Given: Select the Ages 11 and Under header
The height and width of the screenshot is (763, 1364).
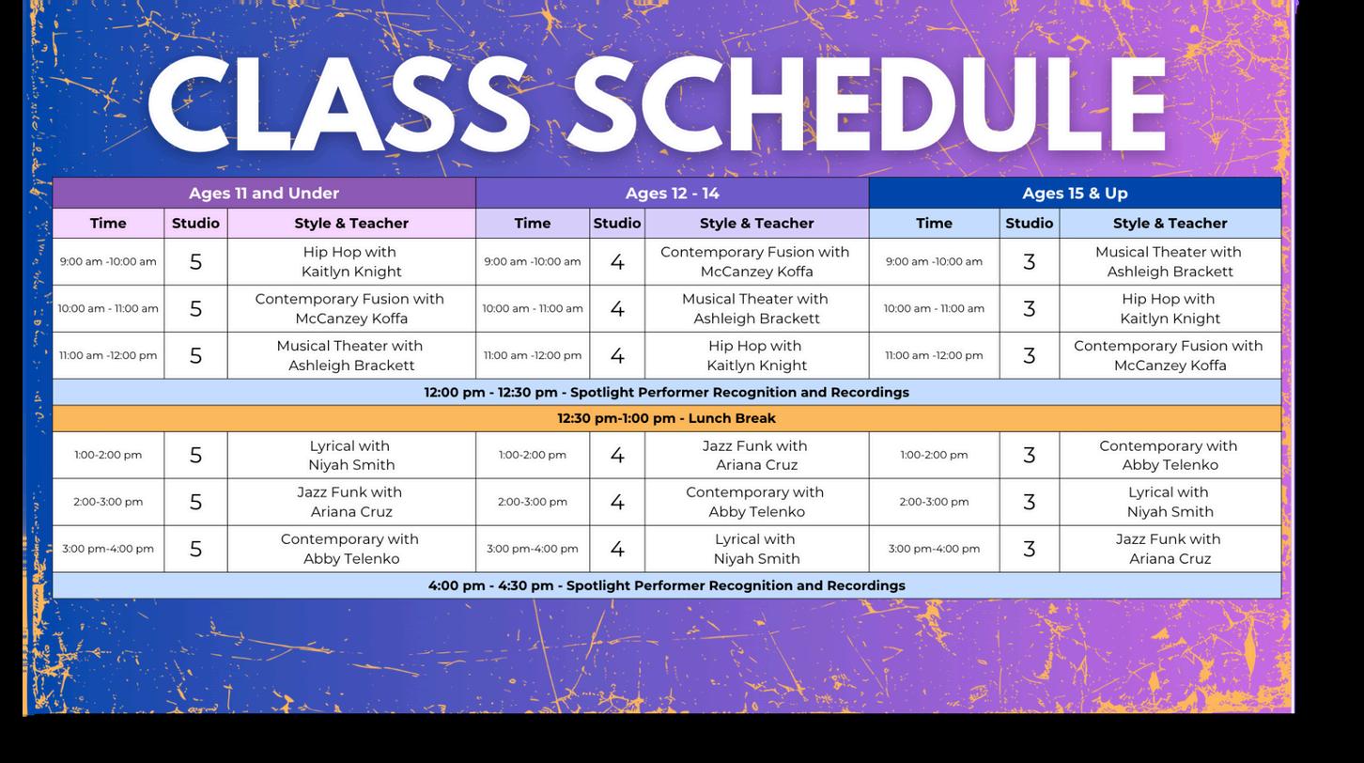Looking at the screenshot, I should click(264, 193).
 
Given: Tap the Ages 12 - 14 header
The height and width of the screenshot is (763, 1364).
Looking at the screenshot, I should click(672, 193).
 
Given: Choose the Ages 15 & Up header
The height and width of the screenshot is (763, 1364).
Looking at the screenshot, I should click(1075, 193).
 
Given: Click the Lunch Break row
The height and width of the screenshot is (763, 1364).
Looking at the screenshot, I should click(666, 418).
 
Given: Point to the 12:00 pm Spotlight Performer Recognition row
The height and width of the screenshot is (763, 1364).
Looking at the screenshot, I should click(666, 392).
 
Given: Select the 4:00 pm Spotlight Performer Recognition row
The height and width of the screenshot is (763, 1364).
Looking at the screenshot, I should click(666, 585).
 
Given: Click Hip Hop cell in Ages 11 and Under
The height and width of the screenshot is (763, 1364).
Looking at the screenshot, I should click(351, 261).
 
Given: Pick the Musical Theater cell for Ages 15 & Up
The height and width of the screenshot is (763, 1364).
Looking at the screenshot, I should click(1170, 261).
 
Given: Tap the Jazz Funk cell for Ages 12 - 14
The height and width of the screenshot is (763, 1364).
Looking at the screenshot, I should click(756, 455).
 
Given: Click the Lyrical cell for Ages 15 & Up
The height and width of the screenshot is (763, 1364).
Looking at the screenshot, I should click(1170, 502).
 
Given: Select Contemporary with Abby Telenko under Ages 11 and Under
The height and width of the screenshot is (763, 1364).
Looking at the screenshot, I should click(351, 549).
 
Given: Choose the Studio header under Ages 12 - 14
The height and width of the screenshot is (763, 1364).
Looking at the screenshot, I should click(617, 223).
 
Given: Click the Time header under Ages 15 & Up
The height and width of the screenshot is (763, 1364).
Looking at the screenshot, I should click(934, 223).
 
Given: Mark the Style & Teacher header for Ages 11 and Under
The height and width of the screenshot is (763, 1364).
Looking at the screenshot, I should click(351, 223).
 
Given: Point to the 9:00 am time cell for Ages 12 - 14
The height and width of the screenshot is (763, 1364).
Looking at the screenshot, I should click(533, 261).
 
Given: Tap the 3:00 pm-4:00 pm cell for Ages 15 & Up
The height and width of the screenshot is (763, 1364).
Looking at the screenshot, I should click(934, 549).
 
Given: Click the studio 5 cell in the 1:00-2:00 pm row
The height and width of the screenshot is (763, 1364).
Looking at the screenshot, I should click(195, 455).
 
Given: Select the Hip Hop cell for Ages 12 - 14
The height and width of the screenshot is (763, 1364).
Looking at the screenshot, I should click(756, 355).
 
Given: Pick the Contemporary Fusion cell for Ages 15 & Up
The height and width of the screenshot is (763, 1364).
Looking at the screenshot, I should click(1170, 355).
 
